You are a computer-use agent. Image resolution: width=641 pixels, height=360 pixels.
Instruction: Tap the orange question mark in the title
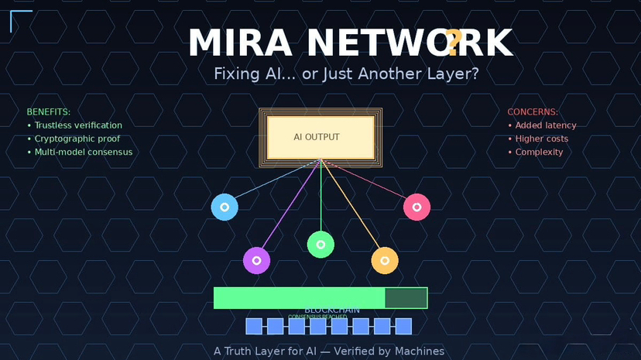pyautogui.click(x=454, y=40)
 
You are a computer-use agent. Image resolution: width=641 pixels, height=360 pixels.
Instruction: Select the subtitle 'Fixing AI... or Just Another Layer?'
pyautogui.click(x=346, y=74)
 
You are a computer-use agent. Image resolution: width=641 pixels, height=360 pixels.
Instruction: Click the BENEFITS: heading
pyautogui.click(x=48, y=112)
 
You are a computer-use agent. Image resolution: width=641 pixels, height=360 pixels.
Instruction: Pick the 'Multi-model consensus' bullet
pyautogui.click(x=84, y=152)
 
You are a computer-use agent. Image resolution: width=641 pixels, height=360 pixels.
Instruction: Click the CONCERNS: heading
pyautogui.click(x=533, y=112)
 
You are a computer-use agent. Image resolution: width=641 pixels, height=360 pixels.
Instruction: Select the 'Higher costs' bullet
pyautogui.click(x=542, y=139)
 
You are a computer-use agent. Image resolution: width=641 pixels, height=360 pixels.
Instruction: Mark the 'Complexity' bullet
pyautogui.click(x=540, y=152)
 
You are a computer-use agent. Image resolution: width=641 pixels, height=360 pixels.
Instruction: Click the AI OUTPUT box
pyautogui.click(x=320, y=138)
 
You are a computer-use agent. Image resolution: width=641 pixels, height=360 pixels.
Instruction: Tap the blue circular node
pyautogui.click(x=225, y=207)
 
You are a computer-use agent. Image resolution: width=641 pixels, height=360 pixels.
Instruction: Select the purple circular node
pyautogui.click(x=256, y=260)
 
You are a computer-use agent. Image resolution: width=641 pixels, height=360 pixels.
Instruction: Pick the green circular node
pyautogui.click(x=320, y=244)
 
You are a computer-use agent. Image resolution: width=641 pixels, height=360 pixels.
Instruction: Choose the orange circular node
pyautogui.click(x=385, y=260)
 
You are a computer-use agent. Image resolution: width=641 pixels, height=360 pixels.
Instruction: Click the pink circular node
pyautogui.click(x=416, y=207)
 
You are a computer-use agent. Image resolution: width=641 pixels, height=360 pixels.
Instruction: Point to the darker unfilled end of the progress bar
pyautogui.click(x=406, y=298)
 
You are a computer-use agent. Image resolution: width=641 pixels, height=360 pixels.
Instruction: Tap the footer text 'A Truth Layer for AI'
pyautogui.click(x=262, y=351)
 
